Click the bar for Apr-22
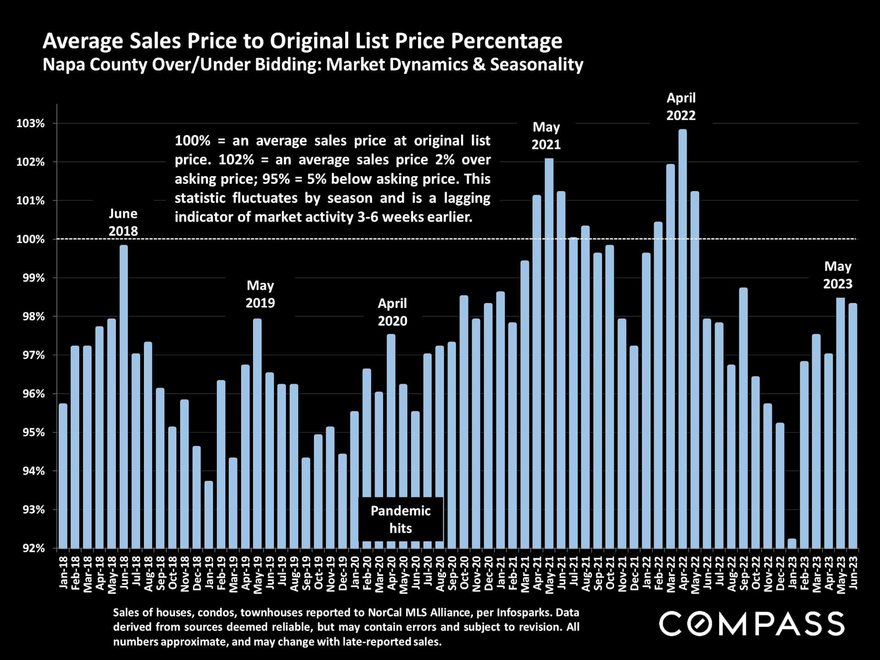tap(682, 339)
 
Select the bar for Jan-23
tap(792, 544)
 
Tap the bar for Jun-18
tap(124, 397)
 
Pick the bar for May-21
tap(549, 353)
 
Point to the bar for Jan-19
tap(209, 514)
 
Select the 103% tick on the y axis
tap(31, 123)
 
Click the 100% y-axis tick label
tap(31, 239)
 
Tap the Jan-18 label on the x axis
tap(63, 572)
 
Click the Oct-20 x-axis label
tap(464, 572)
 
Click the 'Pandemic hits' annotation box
tap(401, 519)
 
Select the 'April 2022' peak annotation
tap(681, 106)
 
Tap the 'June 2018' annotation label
tap(123, 222)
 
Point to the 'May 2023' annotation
tap(837, 275)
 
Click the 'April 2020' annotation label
tap(392, 312)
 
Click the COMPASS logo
tap(751, 623)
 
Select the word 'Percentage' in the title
tap(506, 41)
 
